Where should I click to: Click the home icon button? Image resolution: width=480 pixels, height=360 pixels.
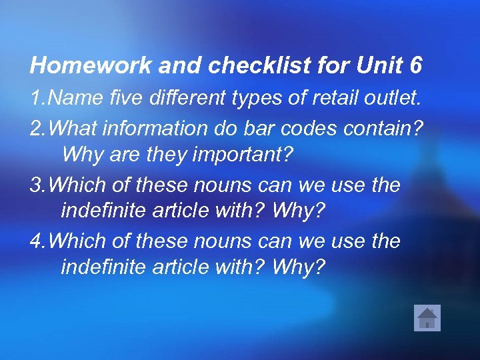coord(427,317)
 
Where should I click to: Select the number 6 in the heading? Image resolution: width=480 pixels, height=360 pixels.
coord(416,65)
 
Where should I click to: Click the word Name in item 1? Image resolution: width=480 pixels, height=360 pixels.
coord(73,99)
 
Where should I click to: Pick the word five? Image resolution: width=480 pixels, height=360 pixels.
coord(121,99)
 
